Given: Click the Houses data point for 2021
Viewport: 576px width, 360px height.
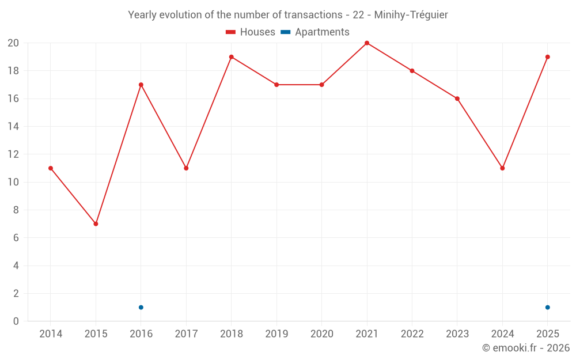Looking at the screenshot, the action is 366,43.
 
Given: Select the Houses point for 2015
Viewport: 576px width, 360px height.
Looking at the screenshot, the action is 96,223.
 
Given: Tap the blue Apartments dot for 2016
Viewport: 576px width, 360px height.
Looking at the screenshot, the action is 141,308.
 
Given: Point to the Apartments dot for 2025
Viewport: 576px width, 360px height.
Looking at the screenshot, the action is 547,308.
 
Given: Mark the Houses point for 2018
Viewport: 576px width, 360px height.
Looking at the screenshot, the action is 232,57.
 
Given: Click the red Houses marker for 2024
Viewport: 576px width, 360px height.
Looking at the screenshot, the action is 502,168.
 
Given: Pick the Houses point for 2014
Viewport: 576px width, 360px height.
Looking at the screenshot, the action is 51,168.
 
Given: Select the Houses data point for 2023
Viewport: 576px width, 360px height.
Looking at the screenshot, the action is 457,98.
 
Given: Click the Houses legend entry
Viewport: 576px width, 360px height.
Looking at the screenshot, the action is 251,32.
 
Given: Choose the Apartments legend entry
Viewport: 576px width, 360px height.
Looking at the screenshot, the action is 315,32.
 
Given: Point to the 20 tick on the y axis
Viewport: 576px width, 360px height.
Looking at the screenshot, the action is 13,43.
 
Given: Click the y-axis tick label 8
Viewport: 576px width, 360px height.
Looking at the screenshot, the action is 16,210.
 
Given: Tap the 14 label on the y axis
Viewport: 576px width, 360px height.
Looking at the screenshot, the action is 13,126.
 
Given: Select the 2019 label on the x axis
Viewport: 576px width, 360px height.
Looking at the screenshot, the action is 276,334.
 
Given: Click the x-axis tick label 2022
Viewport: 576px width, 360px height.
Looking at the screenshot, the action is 412,334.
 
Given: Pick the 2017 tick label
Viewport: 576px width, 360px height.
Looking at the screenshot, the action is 186,334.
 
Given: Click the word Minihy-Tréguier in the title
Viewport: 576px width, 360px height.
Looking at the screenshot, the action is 411,15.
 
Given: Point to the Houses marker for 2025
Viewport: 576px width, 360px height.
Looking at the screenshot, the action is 547,57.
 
